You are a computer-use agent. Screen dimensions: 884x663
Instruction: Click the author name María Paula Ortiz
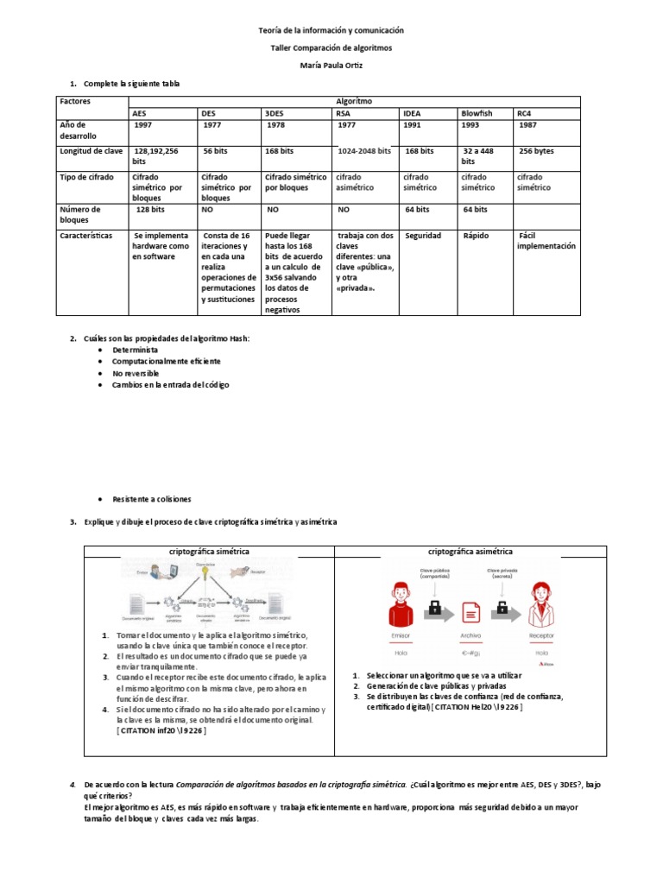point(331,65)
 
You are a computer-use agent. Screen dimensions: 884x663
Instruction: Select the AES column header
point(139,113)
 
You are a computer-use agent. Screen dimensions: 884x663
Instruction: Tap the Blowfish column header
point(477,113)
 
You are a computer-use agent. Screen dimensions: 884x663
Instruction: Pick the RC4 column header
point(524,113)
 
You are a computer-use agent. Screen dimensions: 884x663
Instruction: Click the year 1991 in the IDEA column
point(414,125)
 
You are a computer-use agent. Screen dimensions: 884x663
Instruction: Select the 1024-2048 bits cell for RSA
point(364,151)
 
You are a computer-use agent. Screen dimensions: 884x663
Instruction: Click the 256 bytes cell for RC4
point(536,151)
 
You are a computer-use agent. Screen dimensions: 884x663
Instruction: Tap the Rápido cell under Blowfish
point(476,236)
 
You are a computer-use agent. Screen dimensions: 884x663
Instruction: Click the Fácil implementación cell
point(546,241)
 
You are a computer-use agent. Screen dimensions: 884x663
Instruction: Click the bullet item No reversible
point(136,373)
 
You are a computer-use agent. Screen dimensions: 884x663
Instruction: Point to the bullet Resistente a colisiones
point(152,499)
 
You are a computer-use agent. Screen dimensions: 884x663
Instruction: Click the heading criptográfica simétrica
point(209,550)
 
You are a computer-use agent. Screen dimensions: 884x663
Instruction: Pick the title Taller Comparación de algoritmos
point(331,47)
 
